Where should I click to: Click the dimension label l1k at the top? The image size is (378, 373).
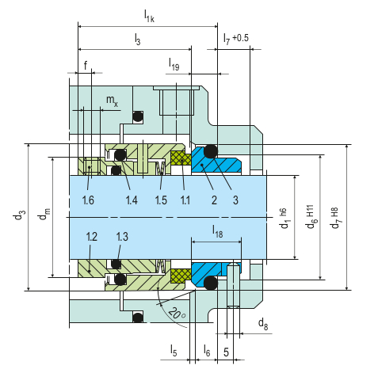pyautogui.click(x=149, y=16)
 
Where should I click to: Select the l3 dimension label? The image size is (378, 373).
pyautogui.click(x=137, y=40)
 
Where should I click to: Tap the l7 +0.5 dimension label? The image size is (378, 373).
pyautogui.click(x=236, y=39)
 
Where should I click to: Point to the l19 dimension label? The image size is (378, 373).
pyautogui.click(x=174, y=65)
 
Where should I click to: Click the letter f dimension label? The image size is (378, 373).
pyautogui.click(x=86, y=65)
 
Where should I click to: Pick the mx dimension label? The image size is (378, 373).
pyautogui.click(x=112, y=101)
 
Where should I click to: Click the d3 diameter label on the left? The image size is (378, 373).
pyautogui.click(x=19, y=215)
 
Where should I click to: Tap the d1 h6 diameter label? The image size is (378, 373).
pyautogui.click(x=284, y=219)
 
